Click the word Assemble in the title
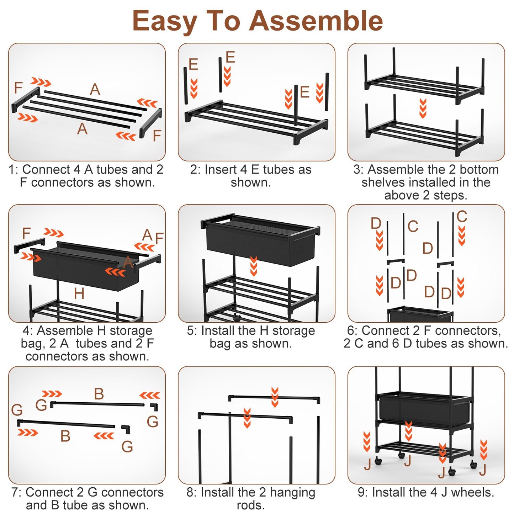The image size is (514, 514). [316, 21]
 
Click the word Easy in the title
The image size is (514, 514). [164, 21]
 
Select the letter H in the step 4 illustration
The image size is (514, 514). [79, 294]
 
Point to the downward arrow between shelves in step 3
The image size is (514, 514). [423, 108]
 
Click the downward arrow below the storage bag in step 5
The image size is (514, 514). [254, 266]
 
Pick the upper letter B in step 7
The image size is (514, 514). [99, 394]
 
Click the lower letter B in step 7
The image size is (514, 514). [65, 436]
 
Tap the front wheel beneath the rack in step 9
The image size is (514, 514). [452, 472]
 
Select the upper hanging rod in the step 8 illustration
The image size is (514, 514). [274, 398]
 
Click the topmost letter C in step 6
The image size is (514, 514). [461, 216]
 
